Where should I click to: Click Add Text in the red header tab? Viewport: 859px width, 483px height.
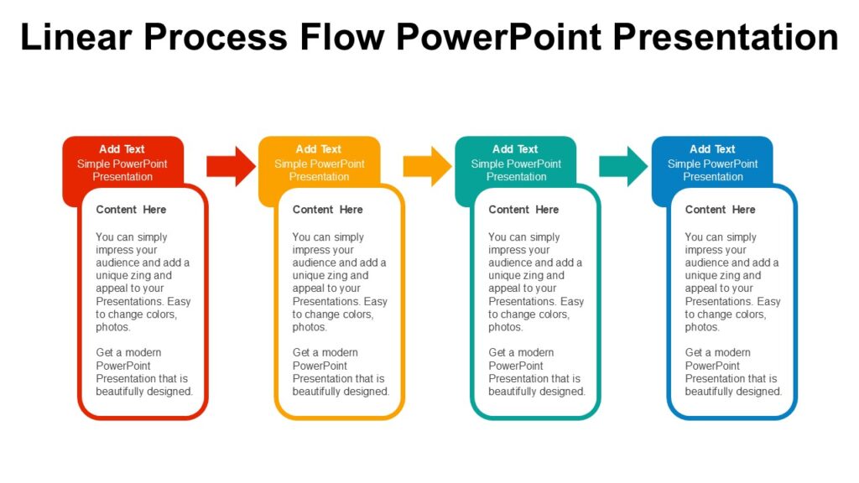[122, 149]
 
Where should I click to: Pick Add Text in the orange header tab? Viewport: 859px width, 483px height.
[319, 149]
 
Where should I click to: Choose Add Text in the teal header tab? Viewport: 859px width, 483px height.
[515, 149]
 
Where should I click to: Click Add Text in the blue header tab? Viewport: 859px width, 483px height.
[712, 149]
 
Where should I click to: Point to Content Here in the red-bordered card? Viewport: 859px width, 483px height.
[131, 210]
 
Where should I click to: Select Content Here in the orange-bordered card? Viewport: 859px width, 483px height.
[327, 210]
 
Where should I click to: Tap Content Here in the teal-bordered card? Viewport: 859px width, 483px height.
[523, 210]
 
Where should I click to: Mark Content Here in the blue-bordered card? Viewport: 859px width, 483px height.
[720, 210]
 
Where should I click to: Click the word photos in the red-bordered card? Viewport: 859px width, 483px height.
[113, 327]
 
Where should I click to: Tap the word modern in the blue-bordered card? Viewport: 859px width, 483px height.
[730, 353]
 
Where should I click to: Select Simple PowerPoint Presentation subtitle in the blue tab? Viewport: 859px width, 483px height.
[712, 170]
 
